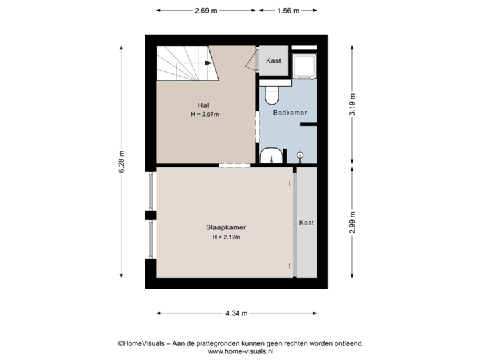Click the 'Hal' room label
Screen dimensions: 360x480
click(x=204, y=105)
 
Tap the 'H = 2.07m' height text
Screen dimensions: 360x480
click(x=204, y=115)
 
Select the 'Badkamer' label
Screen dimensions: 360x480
click(x=290, y=113)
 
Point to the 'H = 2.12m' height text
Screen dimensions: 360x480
click(x=226, y=237)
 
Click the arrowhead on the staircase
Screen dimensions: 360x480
click(x=209, y=63)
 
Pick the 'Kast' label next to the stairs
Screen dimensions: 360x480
click(x=273, y=61)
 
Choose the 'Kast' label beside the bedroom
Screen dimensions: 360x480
click(x=306, y=223)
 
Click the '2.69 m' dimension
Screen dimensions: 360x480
click(x=205, y=10)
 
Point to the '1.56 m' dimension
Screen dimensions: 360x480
click(x=287, y=10)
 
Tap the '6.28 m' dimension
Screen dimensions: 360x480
click(x=121, y=161)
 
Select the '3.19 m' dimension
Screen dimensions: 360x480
click(x=353, y=105)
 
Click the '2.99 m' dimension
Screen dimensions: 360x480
click(x=353, y=221)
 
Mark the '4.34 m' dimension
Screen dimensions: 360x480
click(x=236, y=313)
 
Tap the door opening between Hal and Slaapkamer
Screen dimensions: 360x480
click(x=234, y=165)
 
